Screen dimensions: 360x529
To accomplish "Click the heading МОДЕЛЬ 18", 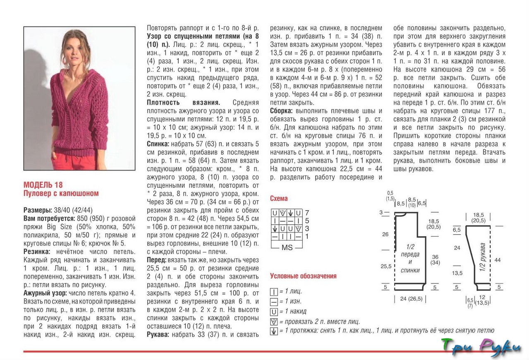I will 43,185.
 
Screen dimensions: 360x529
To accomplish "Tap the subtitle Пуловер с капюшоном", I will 61,193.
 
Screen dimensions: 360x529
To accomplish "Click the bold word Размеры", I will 37,210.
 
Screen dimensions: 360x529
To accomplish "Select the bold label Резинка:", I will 37,252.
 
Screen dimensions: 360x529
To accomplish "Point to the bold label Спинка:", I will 158,144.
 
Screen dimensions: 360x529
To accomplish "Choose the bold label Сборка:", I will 281,111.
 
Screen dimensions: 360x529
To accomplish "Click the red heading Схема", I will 279,199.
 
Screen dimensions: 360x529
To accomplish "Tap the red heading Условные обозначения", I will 303,276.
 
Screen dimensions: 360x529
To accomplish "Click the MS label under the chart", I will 287,247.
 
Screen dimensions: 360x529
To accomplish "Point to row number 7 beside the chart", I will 307,213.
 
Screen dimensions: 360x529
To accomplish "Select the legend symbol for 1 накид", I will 273,312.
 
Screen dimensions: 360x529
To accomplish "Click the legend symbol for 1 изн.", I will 273,302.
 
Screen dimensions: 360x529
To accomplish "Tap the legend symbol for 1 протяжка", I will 273,331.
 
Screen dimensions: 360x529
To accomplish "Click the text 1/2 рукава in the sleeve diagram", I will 482,257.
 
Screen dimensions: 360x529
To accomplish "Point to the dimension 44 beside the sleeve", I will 498,260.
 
